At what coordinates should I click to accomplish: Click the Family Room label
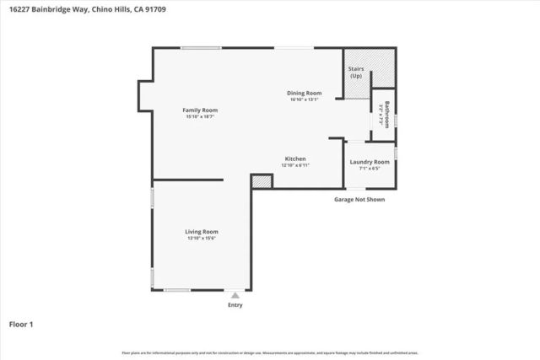[202, 110]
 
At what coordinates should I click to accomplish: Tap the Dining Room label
[305, 93]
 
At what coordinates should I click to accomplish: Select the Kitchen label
[294, 159]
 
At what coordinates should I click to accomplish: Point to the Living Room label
[202, 231]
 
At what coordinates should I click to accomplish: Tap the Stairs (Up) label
[355, 73]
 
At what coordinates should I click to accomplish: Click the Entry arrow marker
[235, 295]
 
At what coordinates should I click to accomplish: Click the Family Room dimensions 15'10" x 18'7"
[201, 117]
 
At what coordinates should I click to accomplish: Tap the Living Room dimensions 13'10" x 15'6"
[202, 238]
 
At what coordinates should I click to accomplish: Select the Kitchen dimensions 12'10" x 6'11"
[294, 165]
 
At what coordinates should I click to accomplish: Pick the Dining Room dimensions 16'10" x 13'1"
[305, 99]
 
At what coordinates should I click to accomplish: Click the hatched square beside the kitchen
[262, 180]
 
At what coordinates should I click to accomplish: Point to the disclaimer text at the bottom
[270, 351]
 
